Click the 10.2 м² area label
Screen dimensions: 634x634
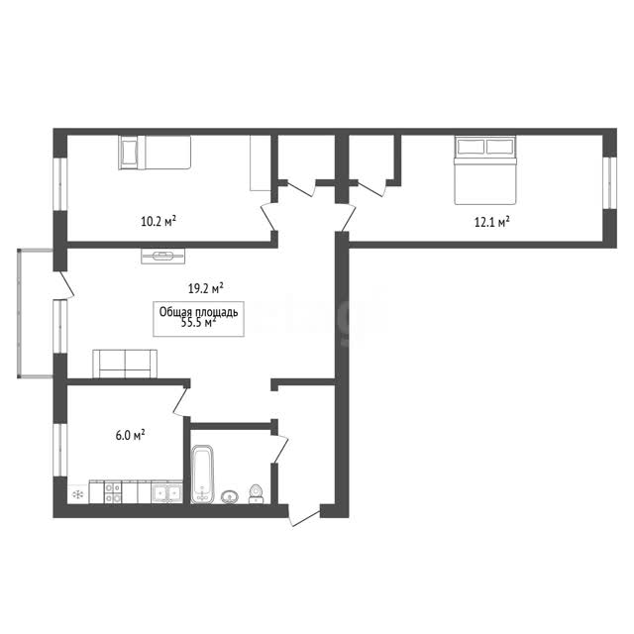pos(158,221)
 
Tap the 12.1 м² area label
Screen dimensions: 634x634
pos(491,222)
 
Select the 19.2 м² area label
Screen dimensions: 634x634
pos(206,288)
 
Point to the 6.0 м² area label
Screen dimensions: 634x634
pos(130,435)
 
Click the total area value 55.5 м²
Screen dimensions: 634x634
pos(198,322)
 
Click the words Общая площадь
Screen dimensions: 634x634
pos(198,312)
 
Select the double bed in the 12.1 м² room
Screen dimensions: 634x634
pos(485,169)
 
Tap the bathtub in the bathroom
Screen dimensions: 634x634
pos(202,474)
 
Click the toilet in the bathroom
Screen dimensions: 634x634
pos(256,494)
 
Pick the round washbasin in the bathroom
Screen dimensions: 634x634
pos(230,497)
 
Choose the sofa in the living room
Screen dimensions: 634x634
pos(125,364)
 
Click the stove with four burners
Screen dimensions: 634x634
pos(113,492)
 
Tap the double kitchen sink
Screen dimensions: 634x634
pos(166,493)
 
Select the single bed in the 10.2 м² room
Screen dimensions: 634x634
pos(155,152)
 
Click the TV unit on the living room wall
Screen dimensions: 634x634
pos(162,256)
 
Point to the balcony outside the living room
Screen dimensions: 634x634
pos(36,314)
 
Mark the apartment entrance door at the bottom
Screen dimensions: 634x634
pos(304,516)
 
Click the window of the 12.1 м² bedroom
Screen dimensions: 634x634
pos(609,182)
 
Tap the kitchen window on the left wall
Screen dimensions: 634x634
pos(59,450)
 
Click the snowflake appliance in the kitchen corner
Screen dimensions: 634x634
pos(77,494)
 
